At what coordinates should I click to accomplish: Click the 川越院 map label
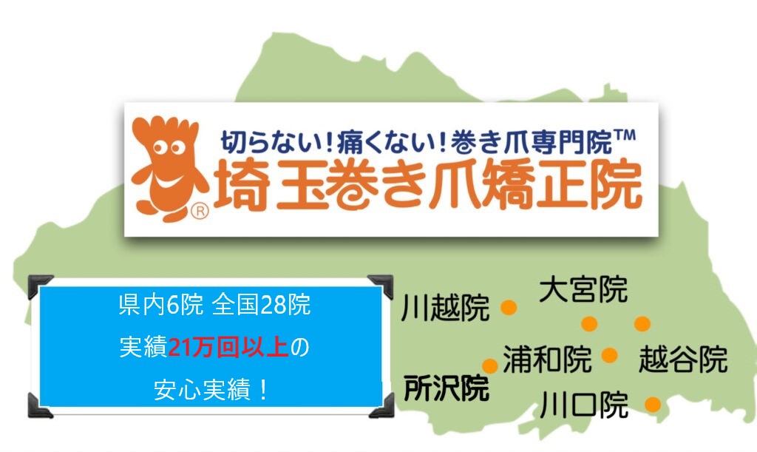(446, 308)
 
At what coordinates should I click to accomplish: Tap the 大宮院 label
(583, 289)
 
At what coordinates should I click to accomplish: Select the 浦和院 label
(547, 360)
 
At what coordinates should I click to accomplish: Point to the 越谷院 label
(682, 360)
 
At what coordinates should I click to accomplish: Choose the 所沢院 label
(447, 388)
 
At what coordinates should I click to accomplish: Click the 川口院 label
(584, 405)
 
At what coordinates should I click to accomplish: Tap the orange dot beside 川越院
(509, 307)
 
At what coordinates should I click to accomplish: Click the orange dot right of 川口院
(652, 405)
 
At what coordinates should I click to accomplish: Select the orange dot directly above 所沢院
(489, 365)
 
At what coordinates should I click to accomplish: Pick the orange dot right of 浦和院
(610, 355)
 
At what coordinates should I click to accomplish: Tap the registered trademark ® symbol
(200, 211)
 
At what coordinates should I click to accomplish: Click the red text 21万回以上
(228, 347)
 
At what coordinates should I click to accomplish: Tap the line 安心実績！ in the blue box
(211, 389)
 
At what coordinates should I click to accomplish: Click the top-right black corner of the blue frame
(382, 285)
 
